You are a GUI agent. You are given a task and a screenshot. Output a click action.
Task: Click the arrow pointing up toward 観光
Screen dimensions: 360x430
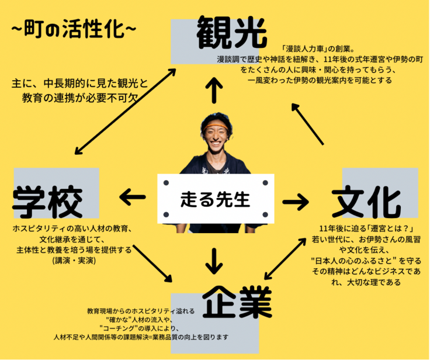216,91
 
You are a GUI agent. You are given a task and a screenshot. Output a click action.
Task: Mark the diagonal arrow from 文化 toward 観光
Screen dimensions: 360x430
307,124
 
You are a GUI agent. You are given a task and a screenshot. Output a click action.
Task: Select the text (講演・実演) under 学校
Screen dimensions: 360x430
74,260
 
